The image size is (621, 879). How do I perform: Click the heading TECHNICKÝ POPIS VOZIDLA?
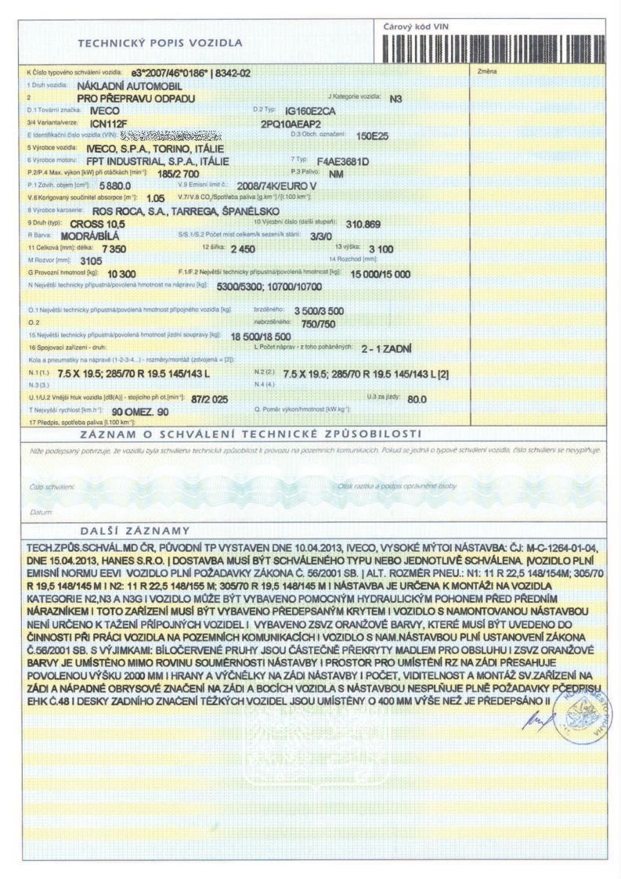click(x=159, y=42)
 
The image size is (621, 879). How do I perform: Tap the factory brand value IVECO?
click(x=95, y=111)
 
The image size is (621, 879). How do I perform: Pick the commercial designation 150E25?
click(x=372, y=135)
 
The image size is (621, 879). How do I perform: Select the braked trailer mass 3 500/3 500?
click(x=319, y=311)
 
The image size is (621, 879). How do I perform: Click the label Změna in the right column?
click(x=486, y=71)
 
